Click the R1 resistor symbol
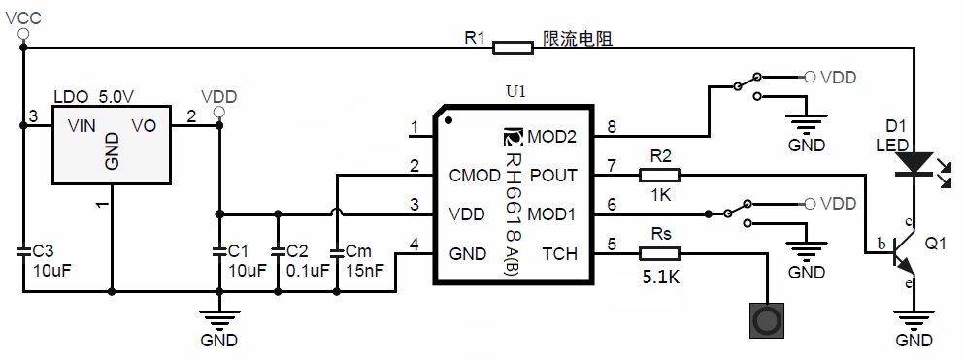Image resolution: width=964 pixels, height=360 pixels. click(x=513, y=46)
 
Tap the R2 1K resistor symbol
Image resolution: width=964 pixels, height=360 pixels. click(x=660, y=176)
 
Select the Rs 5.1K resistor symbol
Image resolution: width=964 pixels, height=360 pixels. click(x=660, y=254)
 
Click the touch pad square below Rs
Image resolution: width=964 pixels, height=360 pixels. click(x=767, y=320)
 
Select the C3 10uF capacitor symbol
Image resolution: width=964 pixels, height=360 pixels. click(x=22, y=250)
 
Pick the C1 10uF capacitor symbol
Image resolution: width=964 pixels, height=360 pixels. click(x=220, y=250)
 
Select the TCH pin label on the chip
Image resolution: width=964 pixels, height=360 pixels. click(x=559, y=254)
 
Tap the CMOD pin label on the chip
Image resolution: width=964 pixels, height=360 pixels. click(x=475, y=176)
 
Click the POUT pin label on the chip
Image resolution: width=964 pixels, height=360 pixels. click(x=552, y=176)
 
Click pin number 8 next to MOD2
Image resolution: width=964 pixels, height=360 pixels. click(x=611, y=126)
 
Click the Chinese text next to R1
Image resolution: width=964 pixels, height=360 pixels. click(x=579, y=39)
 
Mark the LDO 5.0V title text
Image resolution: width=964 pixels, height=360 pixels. click(x=93, y=97)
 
